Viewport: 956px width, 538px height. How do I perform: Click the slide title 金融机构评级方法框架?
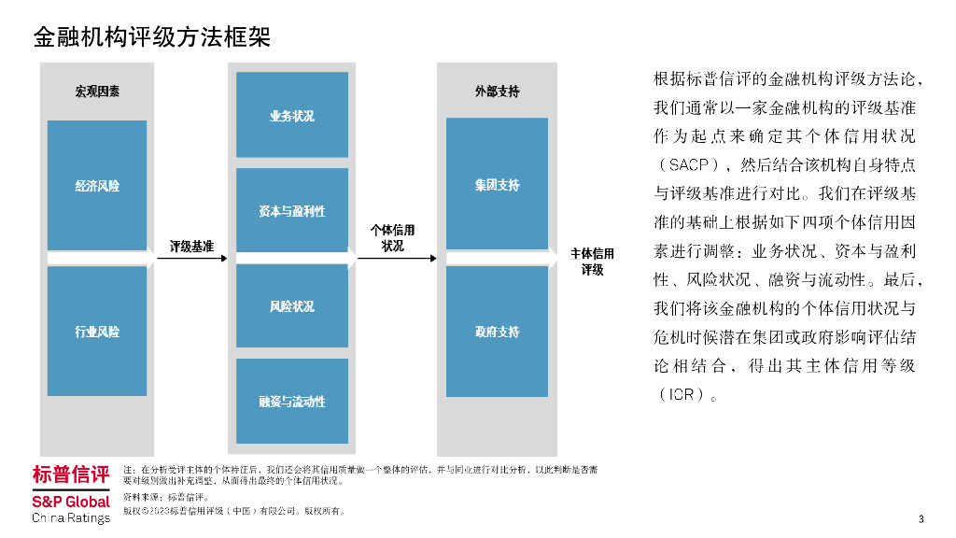tap(151, 37)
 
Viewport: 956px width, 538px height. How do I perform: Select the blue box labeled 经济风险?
tap(97, 185)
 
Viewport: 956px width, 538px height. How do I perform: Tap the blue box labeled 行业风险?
tap(97, 331)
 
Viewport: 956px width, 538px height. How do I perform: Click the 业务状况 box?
tap(291, 115)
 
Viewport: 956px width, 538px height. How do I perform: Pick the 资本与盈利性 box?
tap(291, 211)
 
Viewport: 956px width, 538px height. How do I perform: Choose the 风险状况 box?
tap(291, 306)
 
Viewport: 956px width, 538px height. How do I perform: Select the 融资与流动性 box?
tap(291, 401)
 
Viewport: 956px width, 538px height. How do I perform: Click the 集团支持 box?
tap(497, 185)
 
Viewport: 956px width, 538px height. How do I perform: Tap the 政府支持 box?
tap(497, 331)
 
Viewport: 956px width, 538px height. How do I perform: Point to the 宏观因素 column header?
tap(97, 92)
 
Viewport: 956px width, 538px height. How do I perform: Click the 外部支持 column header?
tap(497, 92)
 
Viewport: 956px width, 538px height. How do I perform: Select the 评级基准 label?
tap(191, 247)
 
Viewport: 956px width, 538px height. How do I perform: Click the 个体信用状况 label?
tap(392, 238)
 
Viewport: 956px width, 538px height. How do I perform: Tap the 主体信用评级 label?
tap(593, 262)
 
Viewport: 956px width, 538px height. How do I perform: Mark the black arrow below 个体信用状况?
tap(392, 258)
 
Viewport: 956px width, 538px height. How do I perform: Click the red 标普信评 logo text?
tap(71, 474)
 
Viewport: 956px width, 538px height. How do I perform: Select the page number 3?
tap(921, 519)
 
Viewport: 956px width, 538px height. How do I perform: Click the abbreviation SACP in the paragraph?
tap(689, 165)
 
